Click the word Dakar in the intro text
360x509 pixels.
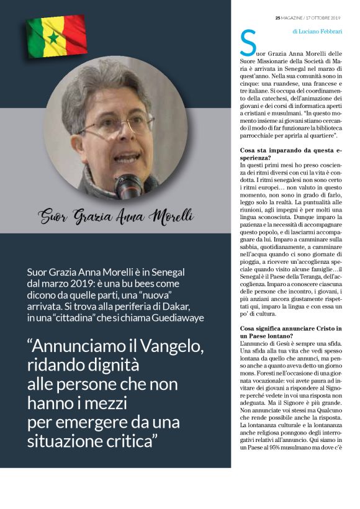[203, 307]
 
